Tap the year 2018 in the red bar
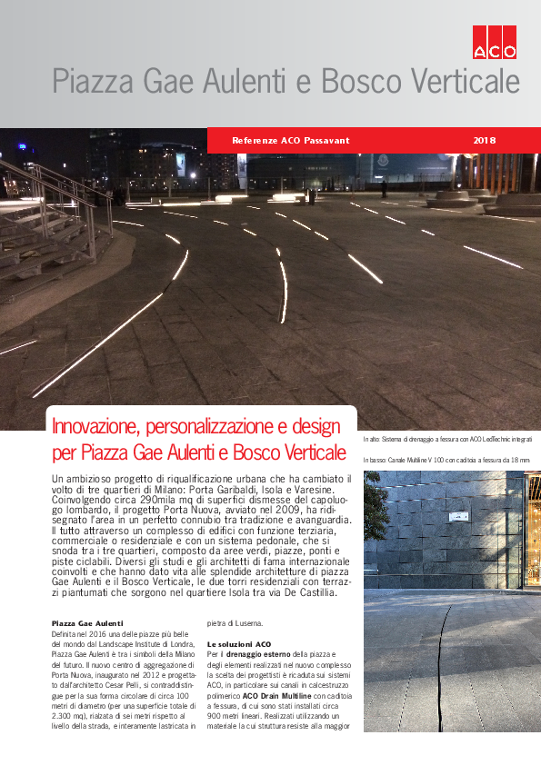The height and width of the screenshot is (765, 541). [485, 140]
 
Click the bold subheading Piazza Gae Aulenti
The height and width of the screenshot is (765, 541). [87, 623]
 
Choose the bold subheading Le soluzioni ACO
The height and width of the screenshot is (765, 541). [240, 644]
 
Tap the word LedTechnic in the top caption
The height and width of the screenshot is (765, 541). [480, 440]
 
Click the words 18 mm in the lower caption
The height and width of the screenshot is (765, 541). [520, 461]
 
